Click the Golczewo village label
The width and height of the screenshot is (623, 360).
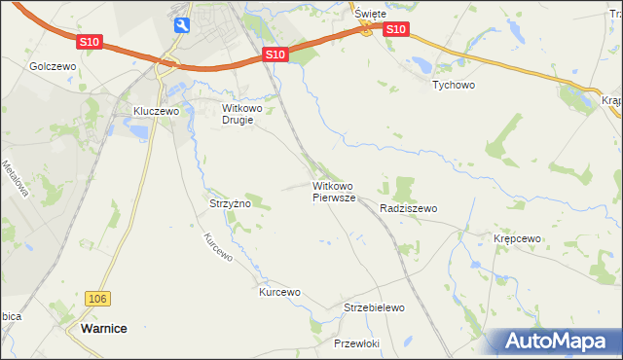(53, 66)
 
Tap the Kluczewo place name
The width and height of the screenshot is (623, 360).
(157, 112)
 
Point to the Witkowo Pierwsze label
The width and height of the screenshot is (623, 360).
(336, 191)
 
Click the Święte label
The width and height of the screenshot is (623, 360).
(370, 14)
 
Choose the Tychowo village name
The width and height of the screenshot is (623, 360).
(453, 85)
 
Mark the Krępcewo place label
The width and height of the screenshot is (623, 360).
(517, 238)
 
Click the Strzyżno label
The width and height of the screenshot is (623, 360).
(230, 204)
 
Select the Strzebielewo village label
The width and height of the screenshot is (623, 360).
(374, 307)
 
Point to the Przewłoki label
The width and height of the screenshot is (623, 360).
(356, 343)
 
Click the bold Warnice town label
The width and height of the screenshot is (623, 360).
(101, 329)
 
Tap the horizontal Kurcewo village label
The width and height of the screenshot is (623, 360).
(279, 292)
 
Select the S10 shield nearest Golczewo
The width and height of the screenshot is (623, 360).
(90, 42)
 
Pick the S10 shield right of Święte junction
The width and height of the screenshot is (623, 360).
(394, 30)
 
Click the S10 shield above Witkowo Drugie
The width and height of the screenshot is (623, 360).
(275, 56)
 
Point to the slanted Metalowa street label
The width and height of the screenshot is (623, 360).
(15, 177)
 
